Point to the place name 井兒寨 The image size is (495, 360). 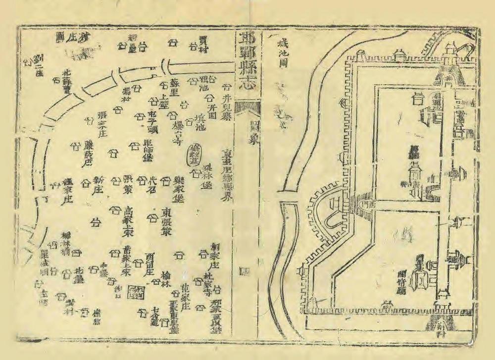point(227,105)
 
